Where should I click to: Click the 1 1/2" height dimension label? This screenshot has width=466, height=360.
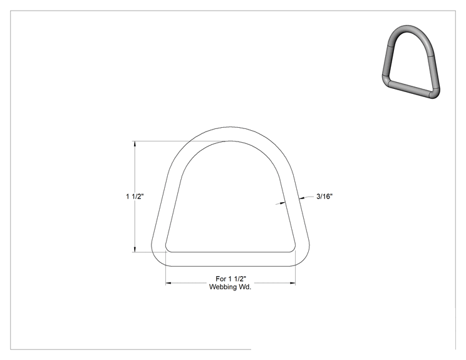[135, 197]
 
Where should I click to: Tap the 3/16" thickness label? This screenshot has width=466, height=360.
[324, 197]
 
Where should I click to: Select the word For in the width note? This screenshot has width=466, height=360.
[221, 279]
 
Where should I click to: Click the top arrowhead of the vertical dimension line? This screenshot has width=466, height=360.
[135, 144]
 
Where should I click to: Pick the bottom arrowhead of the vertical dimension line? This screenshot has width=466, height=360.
[135, 250]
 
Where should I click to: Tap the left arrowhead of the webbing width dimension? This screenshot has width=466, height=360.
[168, 284]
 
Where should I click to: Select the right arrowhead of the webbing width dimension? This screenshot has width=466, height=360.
[293, 284]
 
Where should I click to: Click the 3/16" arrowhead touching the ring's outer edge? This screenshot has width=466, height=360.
[302, 198]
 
